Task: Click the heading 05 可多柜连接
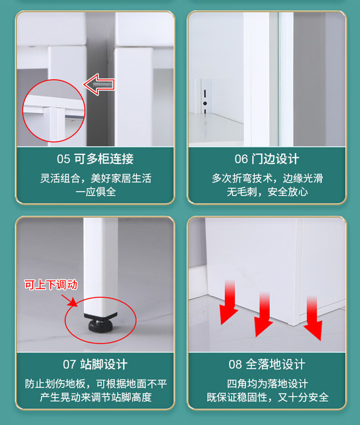95,159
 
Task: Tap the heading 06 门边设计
267,159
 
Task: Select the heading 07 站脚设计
95,364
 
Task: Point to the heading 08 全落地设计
267,364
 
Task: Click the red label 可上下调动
51,285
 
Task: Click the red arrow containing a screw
99,84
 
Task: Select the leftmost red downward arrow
229,302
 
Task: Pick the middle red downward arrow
263,314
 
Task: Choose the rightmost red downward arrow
313,318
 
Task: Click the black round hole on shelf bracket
205,103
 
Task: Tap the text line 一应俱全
96,192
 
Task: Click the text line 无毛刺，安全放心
267,192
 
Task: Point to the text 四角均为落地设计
267,384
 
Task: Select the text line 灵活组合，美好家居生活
96,179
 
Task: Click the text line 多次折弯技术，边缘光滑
267,179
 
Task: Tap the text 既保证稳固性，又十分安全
267,397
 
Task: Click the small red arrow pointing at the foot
70,301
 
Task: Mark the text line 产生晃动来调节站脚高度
96,397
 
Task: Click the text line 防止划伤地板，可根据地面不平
96,384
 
